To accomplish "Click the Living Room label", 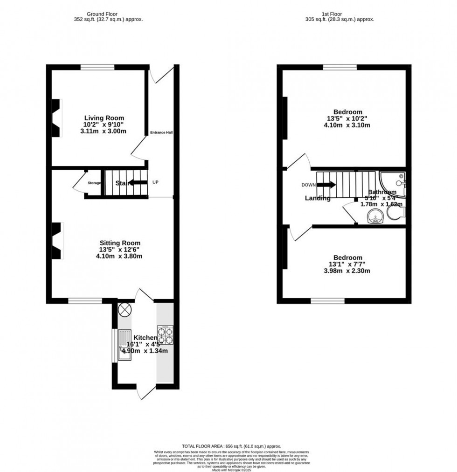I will click(x=104, y=118).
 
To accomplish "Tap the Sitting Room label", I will click(x=120, y=243).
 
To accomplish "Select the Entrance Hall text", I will click(x=161, y=132).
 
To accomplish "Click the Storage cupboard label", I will click(x=94, y=183).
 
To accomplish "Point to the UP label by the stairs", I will click(x=155, y=182).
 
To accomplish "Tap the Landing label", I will click(x=318, y=198).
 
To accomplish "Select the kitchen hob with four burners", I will click(x=165, y=335).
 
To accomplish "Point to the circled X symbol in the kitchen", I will click(x=125, y=309).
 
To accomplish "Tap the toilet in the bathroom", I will click(x=395, y=213).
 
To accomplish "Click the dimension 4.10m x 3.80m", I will click(x=119, y=256).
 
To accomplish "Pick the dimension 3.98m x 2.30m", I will click(x=347, y=271).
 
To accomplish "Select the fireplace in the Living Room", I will click(x=56, y=118).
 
